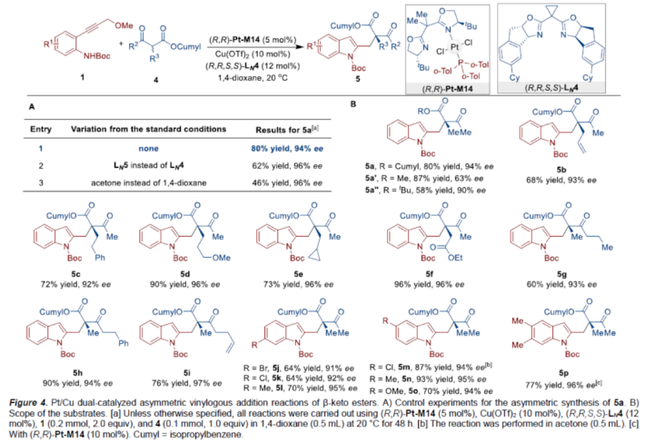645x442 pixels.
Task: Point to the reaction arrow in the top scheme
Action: (206, 39)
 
